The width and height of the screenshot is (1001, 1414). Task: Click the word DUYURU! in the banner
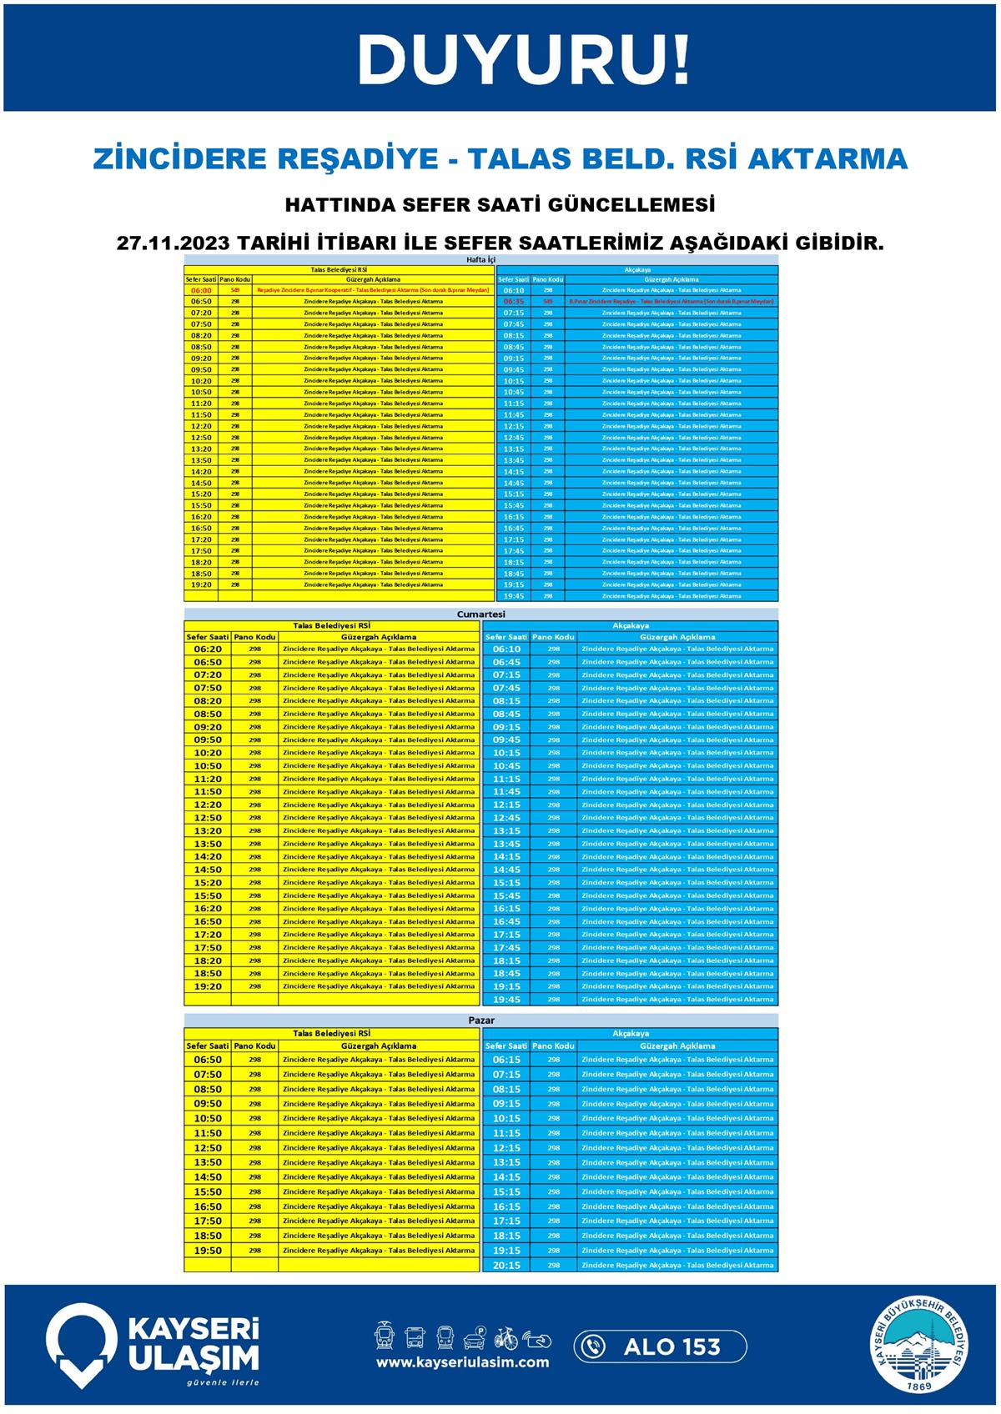[524, 60]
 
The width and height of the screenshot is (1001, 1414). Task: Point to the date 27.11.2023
[172, 243]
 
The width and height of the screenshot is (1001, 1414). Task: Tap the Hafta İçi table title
[480, 260]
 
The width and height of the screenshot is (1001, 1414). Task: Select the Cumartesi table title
[480, 614]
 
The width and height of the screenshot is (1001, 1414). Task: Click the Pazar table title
[480, 1020]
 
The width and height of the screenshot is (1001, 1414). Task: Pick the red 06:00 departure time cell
[201, 290]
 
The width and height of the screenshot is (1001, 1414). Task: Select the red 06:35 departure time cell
[514, 302]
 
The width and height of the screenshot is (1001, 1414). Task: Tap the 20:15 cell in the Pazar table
[506, 1265]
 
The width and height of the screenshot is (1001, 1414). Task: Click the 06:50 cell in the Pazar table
[208, 1060]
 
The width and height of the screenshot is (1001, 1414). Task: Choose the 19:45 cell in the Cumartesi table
[506, 1000]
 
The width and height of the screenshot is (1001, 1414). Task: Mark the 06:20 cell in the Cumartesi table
[208, 649]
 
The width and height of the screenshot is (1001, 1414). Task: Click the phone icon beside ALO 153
[593, 1346]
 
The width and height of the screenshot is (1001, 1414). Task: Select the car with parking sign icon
[475, 1338]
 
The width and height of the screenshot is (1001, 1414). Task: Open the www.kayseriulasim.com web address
[462, 1362]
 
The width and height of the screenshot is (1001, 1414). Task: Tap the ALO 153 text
[672, 1346]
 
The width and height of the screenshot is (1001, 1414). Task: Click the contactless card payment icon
[536, 1340]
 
